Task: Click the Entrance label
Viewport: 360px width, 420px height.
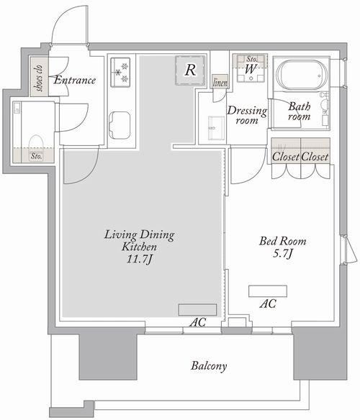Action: pyautogui.click(x=75, y=80)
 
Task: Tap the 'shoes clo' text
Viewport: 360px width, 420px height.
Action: pyautogui.click(x=40, y=78)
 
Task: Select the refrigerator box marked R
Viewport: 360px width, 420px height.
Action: pyautogui.click(x=190, y=70)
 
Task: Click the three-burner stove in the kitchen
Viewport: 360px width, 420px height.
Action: pyautogui.click(x=120, y=73)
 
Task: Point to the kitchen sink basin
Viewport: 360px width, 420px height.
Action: pyautogui.click(x=120, y=125)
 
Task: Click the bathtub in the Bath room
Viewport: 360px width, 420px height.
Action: pyautogui.click(x=302, y=75)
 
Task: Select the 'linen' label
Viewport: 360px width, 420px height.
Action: pyautogui.click(x=220, y=83)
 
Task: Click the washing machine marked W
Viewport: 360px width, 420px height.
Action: pyautogui.click(x=251, y=69)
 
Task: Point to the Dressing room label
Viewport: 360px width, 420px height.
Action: pyautogui.click(x=247, y=115)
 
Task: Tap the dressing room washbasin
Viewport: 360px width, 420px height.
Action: pyautogui.click(x=217, y=128)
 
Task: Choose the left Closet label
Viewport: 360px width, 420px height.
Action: pyautogui.click(x=286, y=157)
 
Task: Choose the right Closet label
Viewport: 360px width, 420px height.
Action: pyautogui.click(x=315, y=157)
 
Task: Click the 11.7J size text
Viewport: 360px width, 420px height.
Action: pyautogui.click(x=140, y=260)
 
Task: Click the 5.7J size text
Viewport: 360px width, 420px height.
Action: pyautogui.click(x=282, y=253)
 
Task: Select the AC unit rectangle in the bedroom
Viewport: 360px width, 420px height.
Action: pyautogui.click(x=268, y=291)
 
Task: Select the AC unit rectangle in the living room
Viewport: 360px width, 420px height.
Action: pyautogui.click(x=198, y=310)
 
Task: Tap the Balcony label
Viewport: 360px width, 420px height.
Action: pyautogui.click(x=209, y=366)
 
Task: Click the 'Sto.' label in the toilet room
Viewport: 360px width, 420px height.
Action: pyautogui.click(x=36, y=156)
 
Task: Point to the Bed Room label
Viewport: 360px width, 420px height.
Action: pyautogui.click(x=283, y=241)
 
